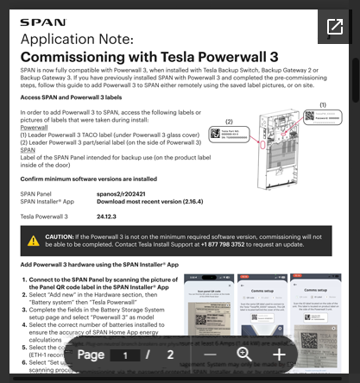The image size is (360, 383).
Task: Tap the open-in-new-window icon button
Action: (334, 27)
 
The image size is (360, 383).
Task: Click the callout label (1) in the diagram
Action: (323, 104)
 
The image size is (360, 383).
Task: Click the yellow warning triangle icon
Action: (33, 240)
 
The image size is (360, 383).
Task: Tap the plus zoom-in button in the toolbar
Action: (279, 355)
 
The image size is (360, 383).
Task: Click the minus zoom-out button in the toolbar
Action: (211, 355)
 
